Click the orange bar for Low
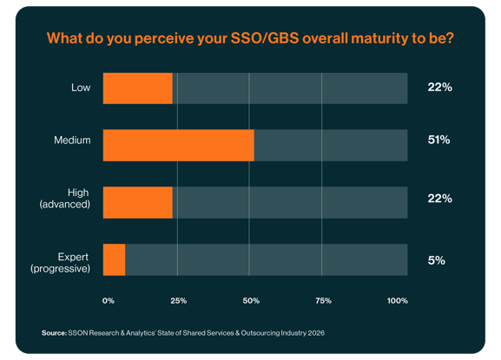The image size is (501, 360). coord(137,88)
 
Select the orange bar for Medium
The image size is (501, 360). coord(178,144)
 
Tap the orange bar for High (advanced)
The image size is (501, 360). coord(137,202)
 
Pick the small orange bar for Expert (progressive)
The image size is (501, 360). coord(114,259)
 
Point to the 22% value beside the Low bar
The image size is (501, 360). coord(439,88)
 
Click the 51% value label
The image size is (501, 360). coord(438,141)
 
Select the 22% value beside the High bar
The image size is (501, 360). coord(439,199)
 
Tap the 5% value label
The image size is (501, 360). coord(436,259)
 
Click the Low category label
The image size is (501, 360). coord(82,88)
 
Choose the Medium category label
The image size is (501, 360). coord(74,141)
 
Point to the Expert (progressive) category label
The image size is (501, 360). coord(60,259)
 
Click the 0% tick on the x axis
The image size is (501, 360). coord(109,301)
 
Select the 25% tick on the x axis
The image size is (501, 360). coord(178,301)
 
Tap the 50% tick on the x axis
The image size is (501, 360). coord(250,301)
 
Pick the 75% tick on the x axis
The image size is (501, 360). coord(322,301)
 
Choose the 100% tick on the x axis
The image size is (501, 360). coord(397,301)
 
